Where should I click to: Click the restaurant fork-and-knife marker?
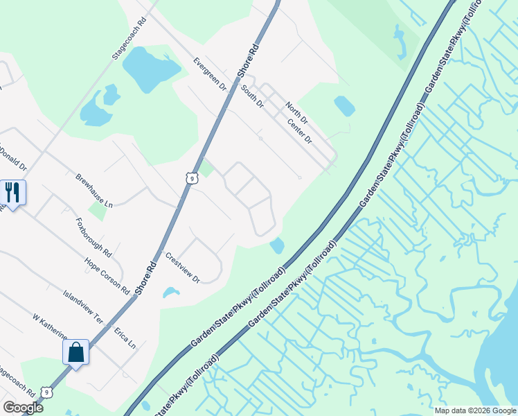click(x=12, y=192)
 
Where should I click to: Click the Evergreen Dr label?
click(x=211, y=74)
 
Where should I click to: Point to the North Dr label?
click(x=297, y=111)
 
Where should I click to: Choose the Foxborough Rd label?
click(x=98, y=236)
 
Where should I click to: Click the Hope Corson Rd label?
click(x=107, y=275)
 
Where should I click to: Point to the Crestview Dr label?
click(x=182, y=268)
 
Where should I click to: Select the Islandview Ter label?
click(x=82, y=307)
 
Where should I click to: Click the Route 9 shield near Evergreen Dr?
click(x=191, y=178)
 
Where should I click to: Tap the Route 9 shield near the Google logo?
click(x=45, y=392)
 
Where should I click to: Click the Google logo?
click(x=23, y=407)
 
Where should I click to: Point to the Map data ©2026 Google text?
click(x=474, y=410)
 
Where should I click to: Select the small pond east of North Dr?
click(x=344, y=106)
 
